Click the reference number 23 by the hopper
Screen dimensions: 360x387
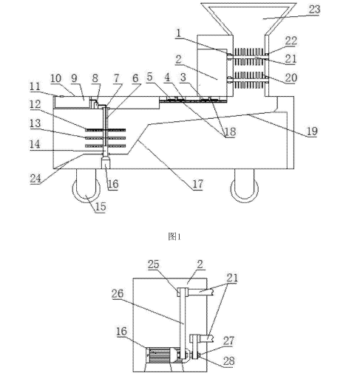pos(314,10)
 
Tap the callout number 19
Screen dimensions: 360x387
pos(312,131)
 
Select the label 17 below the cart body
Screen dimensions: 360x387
pos(197,184)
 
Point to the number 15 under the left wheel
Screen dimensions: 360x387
pos(101,206)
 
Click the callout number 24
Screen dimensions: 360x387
pos(35,178)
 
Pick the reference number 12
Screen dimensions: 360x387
pos(35,104)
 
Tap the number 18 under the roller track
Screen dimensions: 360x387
pos(231,131)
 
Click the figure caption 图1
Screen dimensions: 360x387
pos(174,237)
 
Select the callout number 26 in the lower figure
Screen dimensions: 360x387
pos(118,294)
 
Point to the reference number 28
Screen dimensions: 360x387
pos(228,361)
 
